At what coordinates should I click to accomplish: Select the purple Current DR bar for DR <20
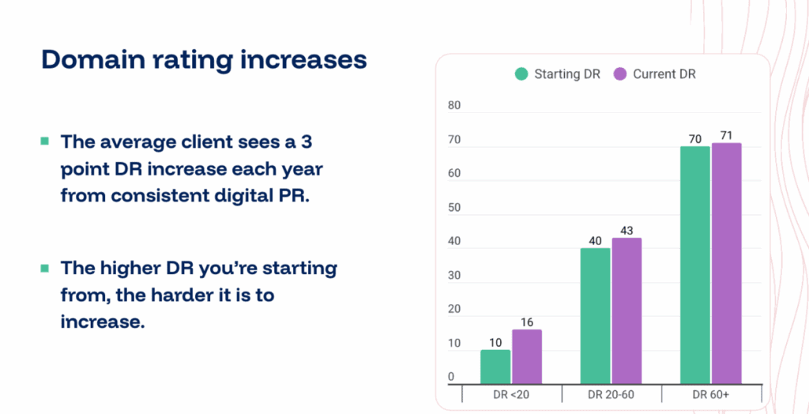526,356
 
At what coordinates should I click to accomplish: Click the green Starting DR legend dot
521,74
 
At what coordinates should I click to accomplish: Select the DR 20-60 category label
611,393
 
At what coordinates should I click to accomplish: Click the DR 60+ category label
711,393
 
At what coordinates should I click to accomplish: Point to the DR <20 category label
511,393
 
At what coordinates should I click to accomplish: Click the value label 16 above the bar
526,322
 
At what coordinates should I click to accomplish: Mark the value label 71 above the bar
726,135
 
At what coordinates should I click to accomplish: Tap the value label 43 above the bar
626,230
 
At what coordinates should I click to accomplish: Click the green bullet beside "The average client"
44,141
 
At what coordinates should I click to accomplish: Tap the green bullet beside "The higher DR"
44,268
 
